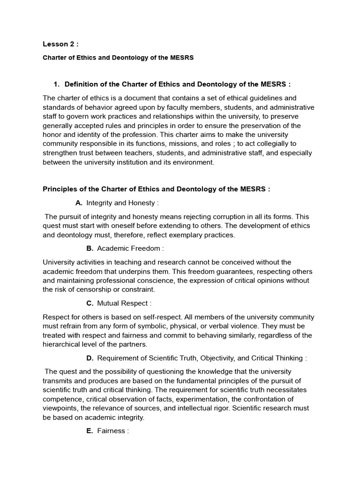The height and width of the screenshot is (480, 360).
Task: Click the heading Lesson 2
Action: (60, 44)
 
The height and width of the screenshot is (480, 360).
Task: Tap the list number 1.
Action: (56, 84)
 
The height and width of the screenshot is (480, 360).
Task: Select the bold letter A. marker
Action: (79, 203)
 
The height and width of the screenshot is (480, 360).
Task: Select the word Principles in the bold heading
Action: (61, 189)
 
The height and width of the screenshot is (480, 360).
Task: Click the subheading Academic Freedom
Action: (130, 248)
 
